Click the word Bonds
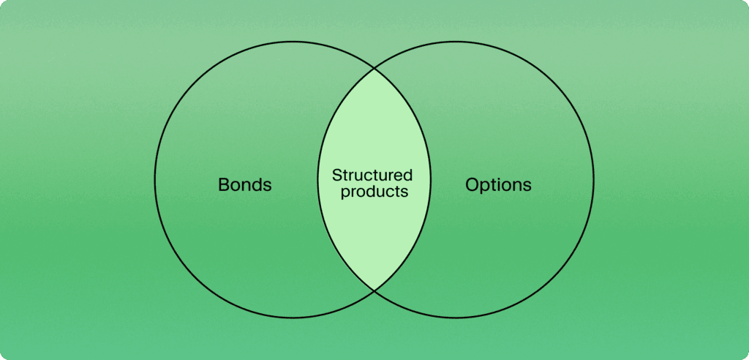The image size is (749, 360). tap(244, 184)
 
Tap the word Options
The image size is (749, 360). tap(498, 184)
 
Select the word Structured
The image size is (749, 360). tap(372, 176)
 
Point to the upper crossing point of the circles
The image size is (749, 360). tap(374, 69)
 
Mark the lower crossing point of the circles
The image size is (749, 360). tap(374, 290)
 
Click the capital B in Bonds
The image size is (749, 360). tap(223, 184)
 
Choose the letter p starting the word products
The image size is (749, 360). tap(342, 194)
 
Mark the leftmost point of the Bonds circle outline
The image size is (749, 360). tap(154, 180)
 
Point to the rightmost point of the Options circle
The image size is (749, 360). tap(595, 180)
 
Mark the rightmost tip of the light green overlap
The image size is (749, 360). tap(431, 180)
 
